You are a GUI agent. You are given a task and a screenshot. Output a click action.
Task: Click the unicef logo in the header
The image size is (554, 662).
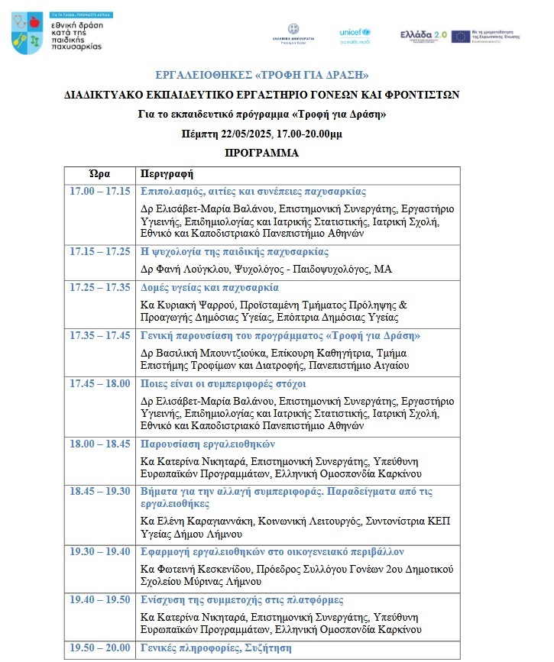tap(355, 36)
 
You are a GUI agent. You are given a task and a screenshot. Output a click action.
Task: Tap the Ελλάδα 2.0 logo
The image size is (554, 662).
tap(423, 36)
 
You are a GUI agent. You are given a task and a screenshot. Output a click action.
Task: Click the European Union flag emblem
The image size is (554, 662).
tap(460, 36)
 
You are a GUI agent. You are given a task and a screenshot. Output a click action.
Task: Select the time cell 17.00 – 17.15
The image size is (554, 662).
tap(99, 192)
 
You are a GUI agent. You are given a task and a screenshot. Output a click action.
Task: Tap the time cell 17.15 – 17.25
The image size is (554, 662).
tap(99, 252)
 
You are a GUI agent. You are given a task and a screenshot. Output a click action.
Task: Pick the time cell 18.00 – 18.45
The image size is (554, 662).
tap(99, 444)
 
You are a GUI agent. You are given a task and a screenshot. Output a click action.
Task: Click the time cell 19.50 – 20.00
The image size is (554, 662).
tap(99, 648)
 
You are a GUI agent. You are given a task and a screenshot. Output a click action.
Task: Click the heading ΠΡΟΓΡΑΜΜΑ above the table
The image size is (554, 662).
tap(262, 153)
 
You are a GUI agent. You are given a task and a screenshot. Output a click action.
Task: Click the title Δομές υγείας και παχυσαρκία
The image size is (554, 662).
tap(209, 288)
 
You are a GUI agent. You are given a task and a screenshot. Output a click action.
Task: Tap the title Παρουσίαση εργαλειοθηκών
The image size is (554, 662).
tap(208, 444)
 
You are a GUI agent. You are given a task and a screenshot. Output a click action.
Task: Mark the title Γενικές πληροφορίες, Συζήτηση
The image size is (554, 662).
tap(216, 648)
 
